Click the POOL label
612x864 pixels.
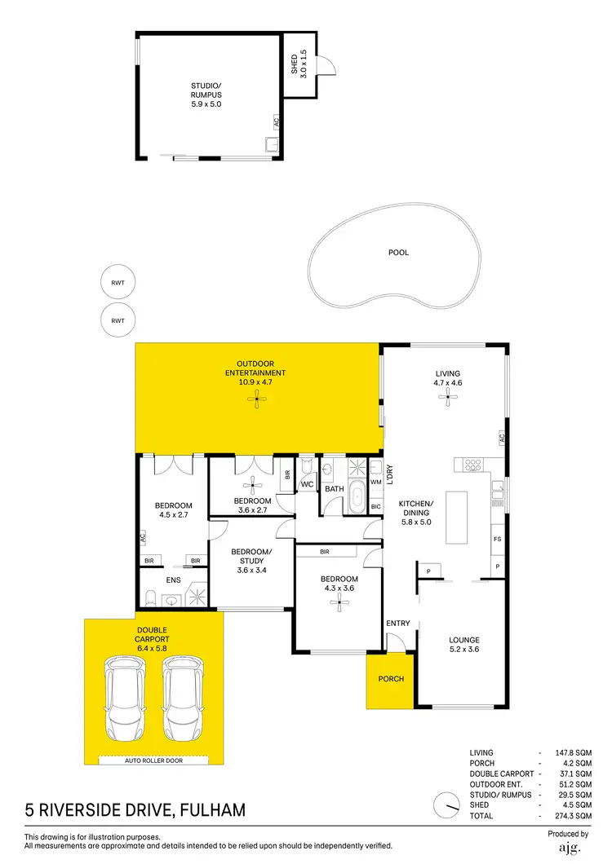click(398, 253)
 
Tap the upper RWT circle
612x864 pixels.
click(118, 283)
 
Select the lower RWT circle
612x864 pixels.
click(118, 320)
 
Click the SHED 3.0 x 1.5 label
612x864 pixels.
click(299, 62)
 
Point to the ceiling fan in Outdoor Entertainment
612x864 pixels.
click(258, 399)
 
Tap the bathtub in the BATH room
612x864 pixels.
click(357, 497)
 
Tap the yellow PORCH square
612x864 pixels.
click(391, 679)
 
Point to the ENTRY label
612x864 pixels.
click(399, 624)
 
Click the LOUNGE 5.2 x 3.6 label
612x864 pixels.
click(463, 645)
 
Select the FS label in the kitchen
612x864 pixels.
click(497, 540)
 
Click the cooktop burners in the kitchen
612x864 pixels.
click(474, 465)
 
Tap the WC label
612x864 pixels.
click(308, 484)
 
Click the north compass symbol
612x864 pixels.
click(447, 804)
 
